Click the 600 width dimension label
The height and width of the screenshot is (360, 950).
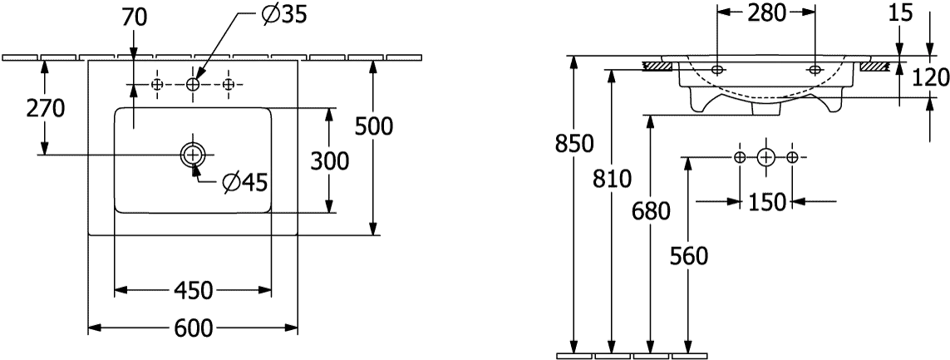194,328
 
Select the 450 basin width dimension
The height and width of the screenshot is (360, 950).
194,291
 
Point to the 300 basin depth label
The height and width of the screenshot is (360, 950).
330,161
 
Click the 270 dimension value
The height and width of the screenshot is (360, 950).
45,109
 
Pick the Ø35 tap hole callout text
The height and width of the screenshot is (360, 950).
283,15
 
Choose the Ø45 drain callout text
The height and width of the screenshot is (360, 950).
244,182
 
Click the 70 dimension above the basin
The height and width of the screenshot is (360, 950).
135,18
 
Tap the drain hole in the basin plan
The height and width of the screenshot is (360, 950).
193,155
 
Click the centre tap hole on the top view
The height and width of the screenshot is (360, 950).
193,85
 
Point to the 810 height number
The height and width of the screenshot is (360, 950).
612,179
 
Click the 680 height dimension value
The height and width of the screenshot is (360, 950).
651,211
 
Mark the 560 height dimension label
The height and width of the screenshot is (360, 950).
689,257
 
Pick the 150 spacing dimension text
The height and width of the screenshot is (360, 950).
766,202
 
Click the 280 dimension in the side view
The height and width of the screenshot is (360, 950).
765,12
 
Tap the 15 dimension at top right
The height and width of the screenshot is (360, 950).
902,12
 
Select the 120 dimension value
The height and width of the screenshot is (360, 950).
930,77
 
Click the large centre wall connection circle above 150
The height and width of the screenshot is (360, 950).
766,158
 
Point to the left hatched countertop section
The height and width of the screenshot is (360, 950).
658,65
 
